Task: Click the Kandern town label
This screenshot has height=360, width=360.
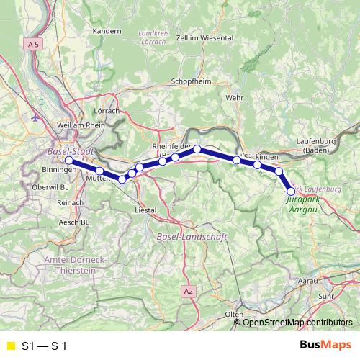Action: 107,31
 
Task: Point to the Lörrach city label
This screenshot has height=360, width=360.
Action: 107,112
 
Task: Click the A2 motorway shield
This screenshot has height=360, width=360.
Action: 189,291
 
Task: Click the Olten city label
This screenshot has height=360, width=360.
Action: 234,315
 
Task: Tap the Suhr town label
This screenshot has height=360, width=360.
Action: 327,295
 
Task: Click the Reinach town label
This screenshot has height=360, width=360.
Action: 71,204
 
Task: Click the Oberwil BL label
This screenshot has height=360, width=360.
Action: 51,187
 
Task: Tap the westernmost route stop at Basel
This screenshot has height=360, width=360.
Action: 69,161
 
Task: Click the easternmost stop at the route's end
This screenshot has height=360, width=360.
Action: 291,192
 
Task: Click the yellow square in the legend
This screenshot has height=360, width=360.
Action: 11,346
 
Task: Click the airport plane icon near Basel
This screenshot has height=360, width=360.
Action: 35,116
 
